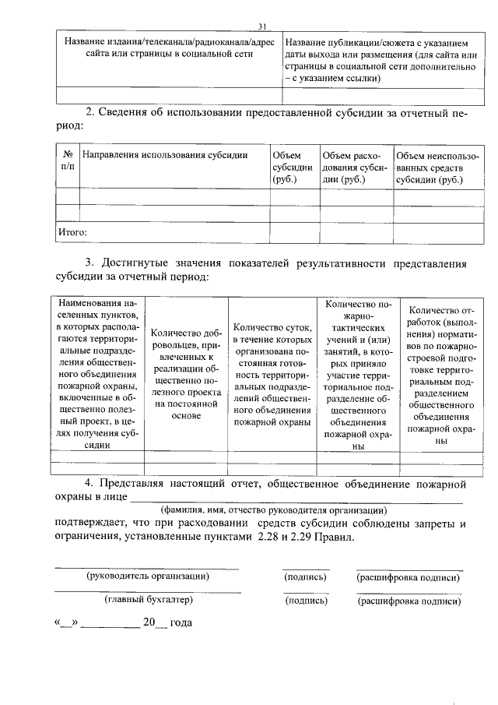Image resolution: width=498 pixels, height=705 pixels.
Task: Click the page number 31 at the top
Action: click(x=261, y=25)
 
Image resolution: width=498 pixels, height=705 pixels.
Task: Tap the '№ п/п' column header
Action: click(x=68, y=161)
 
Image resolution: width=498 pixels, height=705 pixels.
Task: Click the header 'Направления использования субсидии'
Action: click(x=165, y=156)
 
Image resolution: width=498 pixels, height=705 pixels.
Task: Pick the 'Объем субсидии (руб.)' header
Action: click(x=293, y=167)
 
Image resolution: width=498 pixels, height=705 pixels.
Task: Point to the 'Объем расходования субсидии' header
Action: click(x=354, y=167)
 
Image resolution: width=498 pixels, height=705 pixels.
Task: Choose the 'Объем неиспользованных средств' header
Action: click(x=436, y=167)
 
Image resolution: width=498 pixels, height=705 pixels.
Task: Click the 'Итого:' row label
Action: click(x=72, y=231)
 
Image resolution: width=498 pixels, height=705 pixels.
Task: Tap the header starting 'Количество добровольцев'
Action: click(x=184, y=373)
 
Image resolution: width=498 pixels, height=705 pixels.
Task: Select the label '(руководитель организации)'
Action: click(x=147, y=577)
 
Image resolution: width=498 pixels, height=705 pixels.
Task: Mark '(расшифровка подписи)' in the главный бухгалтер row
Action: click(x=409, y=601)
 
